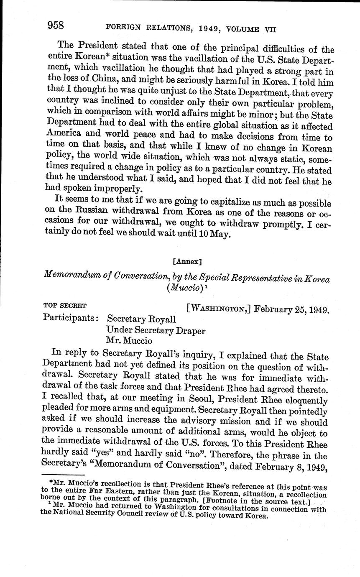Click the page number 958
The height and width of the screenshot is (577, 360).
tap(55, 26)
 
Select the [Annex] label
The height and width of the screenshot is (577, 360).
tap(187, 262)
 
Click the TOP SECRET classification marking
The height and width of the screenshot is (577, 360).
tap(65, 305)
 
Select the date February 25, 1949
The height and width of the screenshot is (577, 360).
tap(291, 309)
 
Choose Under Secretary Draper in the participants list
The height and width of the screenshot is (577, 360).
tap(156, 330)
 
